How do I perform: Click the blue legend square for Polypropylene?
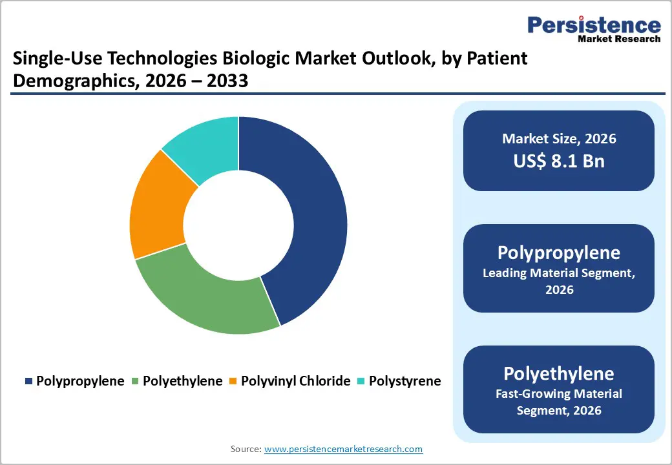pos(28,382)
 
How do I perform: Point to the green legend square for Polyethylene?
pos(135,382)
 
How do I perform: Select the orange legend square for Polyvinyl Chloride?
pos(233,382)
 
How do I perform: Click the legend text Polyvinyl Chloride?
pos(295,381)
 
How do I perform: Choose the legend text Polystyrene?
pos(404,381)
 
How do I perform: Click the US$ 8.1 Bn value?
pos(559,161)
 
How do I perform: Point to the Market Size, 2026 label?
pos(559,139)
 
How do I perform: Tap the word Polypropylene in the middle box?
pos(559,253)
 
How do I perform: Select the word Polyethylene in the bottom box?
pos(559,373)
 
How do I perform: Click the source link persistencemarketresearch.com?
pos(343,449)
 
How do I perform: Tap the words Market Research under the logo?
pos(619,39)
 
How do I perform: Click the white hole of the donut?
pos(238,225)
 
